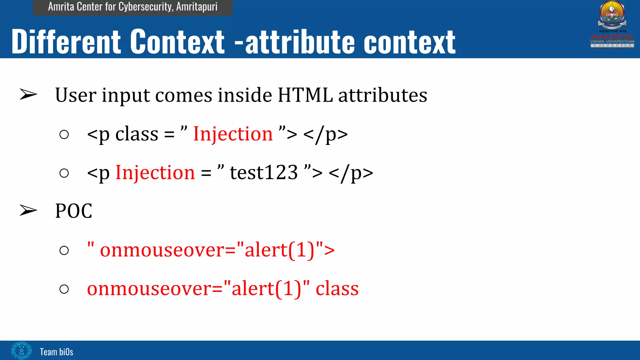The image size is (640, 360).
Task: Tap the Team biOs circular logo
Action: pyautogui.click(x=21, y=351)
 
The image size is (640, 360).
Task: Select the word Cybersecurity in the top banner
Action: pyautogui.click(x=146, y=7)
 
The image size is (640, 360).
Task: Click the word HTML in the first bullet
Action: pyautogui.click(x=305, y=95)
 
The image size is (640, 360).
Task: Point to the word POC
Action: pyautogui.click(x=74, y=211)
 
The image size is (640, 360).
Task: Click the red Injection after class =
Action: pyautogui.click(x=233, y=134)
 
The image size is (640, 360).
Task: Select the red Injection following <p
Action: pyautogui.click(x=155, y=173)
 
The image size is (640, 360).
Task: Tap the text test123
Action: pyautogui.click(x=264, y=173)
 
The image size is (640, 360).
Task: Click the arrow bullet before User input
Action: pyautogui.click(x=28, y=95)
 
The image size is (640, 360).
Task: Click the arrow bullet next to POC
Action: pyautogui.click(x=28, y=210)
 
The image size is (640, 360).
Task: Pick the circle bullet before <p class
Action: pyautogui.click(x=64, y=135)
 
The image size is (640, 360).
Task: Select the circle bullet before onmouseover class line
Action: pyautogui.click(x=64, y=289)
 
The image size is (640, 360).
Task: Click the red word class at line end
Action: pyautogui.click(x=337, y=288)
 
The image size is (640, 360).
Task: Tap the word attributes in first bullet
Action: pyautogui.click(x=382, y=95)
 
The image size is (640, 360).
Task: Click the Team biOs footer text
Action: pyautogui.click(x=57, y=352)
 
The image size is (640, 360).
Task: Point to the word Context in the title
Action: pyautogui.click(x=177, y=42)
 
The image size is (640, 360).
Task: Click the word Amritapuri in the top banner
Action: pyautogui.click(x=197, y=7)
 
